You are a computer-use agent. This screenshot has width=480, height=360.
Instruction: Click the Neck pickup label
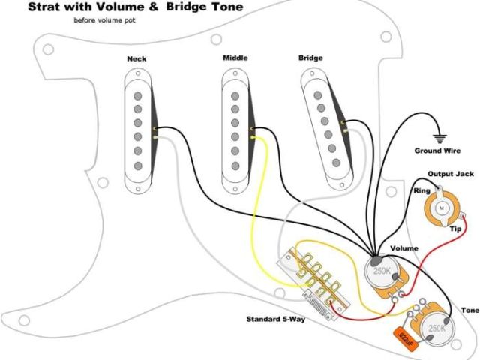pyautogui.click(x=136, y=58)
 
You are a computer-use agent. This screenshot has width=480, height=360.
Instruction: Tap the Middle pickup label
pyautogui.click(x=235, y=58)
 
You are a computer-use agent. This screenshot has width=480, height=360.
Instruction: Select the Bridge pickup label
pyautogui.click(x=310, y=58)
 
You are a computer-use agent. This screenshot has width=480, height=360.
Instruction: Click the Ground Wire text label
pyautogui.click(x=438, y=151)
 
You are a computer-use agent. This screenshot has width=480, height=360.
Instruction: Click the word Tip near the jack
pyautogui.click(x=454, y=229)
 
